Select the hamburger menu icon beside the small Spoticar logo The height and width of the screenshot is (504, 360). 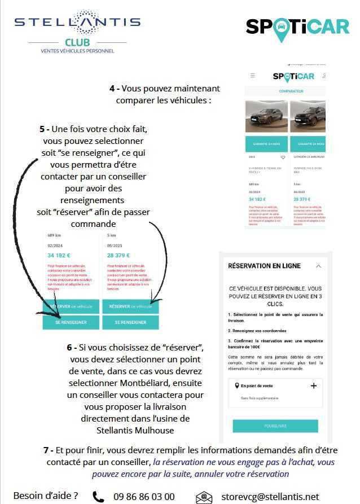coord(252,75)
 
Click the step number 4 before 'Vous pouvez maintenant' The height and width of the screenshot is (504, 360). coord(112,89)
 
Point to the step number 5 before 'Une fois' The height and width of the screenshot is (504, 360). coord(42,129)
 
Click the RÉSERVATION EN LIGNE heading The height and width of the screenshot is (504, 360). coord(264,266)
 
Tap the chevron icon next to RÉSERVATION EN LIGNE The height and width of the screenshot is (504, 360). coord(318,266)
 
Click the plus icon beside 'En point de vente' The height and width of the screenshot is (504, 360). coord(314,385)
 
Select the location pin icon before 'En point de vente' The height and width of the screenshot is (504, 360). coord(236,386)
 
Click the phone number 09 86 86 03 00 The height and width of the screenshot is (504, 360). coord(144,497)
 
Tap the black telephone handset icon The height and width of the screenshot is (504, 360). coord(98,497)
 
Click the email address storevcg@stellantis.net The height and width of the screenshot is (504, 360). coord(270,497)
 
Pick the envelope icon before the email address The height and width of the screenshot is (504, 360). coord(204,497)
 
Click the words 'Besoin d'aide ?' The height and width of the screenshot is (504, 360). coord(46,496)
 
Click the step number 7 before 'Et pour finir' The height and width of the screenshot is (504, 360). coord(46,451)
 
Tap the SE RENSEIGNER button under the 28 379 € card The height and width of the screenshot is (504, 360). coord(131,322)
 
